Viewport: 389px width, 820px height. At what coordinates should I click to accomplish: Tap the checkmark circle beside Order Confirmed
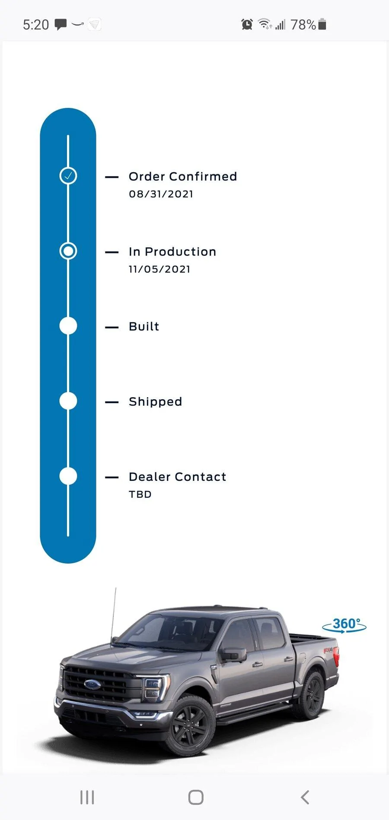pos(68,176)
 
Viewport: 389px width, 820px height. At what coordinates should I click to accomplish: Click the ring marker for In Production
pos(68,243)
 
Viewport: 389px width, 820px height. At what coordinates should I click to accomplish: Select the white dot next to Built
pos(68,326)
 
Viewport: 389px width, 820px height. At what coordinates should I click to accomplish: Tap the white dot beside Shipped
pos(68,401)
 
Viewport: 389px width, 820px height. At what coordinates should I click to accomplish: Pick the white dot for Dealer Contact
pos(68,476)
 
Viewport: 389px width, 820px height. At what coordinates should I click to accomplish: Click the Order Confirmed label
pos(183,177)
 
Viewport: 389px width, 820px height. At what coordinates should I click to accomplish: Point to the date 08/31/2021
pos(161,194)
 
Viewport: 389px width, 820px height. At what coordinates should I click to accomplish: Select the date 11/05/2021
pos(159,269)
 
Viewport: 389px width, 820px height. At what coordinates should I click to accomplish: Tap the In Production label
pos(172,252)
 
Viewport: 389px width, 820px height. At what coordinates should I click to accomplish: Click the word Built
pos(144,326)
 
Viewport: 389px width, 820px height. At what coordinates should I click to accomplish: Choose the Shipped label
pos(155,402)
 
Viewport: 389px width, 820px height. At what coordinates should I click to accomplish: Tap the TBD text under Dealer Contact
pos(140,495)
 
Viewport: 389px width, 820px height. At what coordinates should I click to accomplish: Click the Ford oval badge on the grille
pos(92,684)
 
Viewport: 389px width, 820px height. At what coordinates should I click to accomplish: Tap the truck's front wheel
pos(190,725)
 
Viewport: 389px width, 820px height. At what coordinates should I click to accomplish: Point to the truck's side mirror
pos(233,654)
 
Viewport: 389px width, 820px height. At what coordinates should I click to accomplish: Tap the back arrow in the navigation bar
pos(305,797)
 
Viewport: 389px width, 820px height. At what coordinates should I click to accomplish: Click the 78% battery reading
pos(303,25)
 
